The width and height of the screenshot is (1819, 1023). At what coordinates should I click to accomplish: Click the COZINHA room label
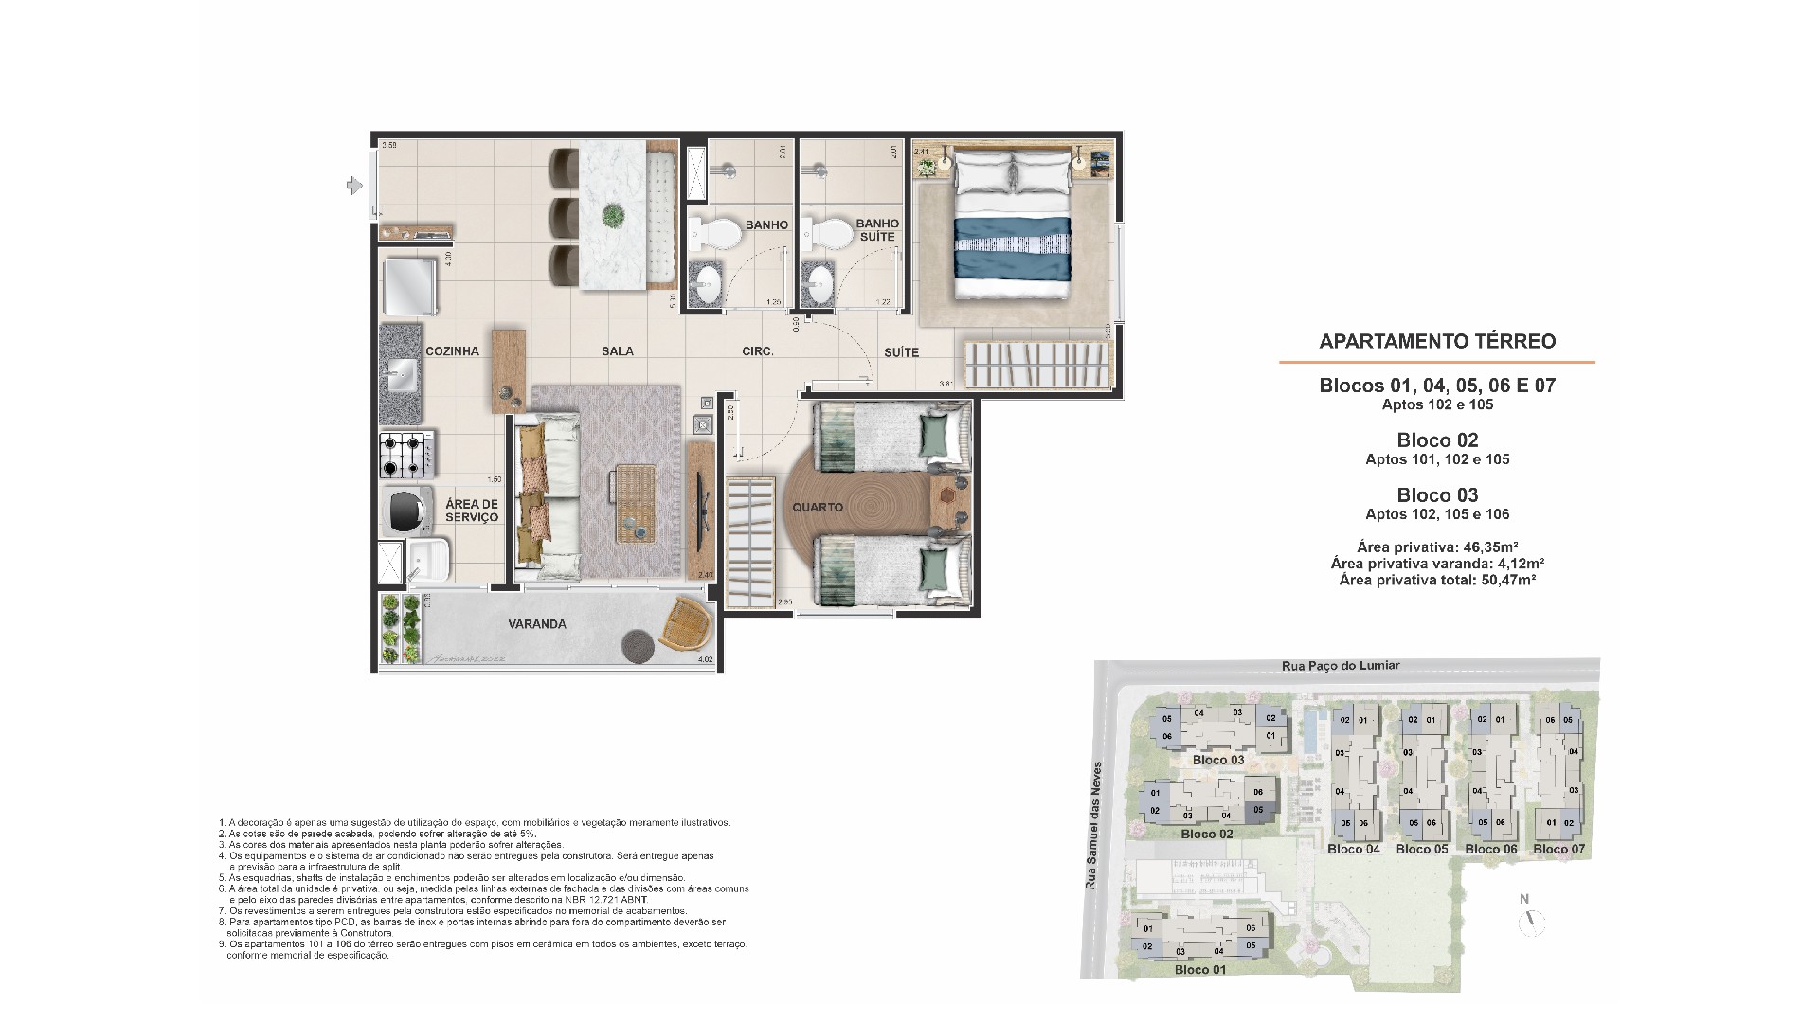[x=452, y=351]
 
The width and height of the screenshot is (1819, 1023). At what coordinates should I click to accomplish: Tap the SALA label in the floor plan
[x=617, y=351]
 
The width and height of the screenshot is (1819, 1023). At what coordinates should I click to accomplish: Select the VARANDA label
[x=536, y=624]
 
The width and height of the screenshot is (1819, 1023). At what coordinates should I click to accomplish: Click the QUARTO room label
[x=818, y=508]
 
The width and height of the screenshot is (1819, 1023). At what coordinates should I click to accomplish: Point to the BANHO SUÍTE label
[x=877, y=231]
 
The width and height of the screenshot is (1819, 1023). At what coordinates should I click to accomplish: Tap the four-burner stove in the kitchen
[x=406, y=455]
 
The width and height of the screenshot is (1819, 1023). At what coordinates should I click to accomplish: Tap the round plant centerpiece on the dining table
[x=613, y=215]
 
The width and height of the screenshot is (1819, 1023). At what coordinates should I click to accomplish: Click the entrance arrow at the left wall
[x=355, y=186]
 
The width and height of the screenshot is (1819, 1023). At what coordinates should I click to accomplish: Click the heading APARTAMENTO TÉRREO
[x=1437, y=342]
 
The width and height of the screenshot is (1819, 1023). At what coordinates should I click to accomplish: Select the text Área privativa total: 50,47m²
[x=1437, y=580]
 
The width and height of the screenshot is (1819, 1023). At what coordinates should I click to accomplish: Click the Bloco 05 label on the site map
[x=1421, y=849]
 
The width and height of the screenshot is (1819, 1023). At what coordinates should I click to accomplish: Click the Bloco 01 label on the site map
[x=1199, y=970]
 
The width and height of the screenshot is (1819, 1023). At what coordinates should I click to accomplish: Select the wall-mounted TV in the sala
[x=702, y=511]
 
